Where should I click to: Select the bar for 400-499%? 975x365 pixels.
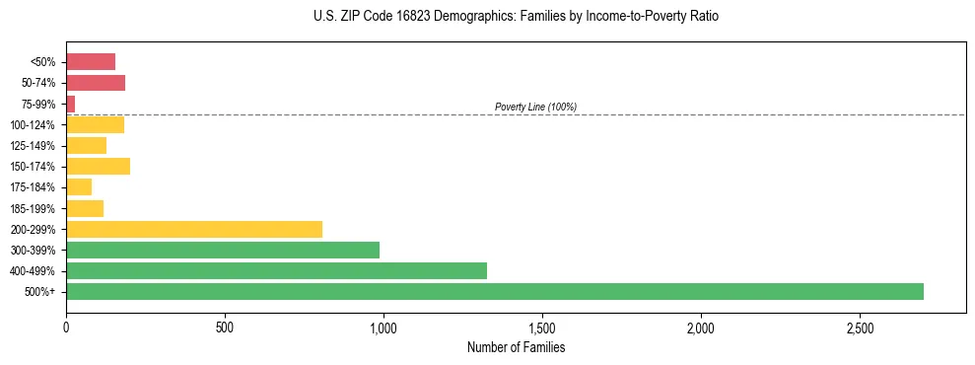click(x=276, y=270)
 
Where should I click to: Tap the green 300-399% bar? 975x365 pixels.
click(x=223, y=250)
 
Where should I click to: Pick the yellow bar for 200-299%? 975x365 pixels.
click(x=194, y=229)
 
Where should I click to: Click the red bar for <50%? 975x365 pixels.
click(x=91, y=61)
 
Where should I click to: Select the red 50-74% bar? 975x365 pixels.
click(x=96, y=83)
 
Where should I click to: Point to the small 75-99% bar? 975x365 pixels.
click(x=71, y=104)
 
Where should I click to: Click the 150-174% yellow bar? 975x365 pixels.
click(x=98, y=166)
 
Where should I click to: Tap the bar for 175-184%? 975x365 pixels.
click(x=79, y=186)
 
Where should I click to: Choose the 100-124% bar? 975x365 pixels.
click(x=95, y=124)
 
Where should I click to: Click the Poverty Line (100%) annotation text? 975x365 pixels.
click(x=535, y=107)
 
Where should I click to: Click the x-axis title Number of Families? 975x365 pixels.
click(x=516, y=347)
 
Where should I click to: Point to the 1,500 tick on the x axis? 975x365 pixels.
click(x=542, y=327)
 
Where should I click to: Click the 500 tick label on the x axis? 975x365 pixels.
click(x=225, y=327)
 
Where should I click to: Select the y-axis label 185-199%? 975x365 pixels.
click(x=33, y=208)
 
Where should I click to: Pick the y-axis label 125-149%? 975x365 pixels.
click(x=33, y=146)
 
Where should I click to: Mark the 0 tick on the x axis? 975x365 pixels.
click(x=66, y=327)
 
